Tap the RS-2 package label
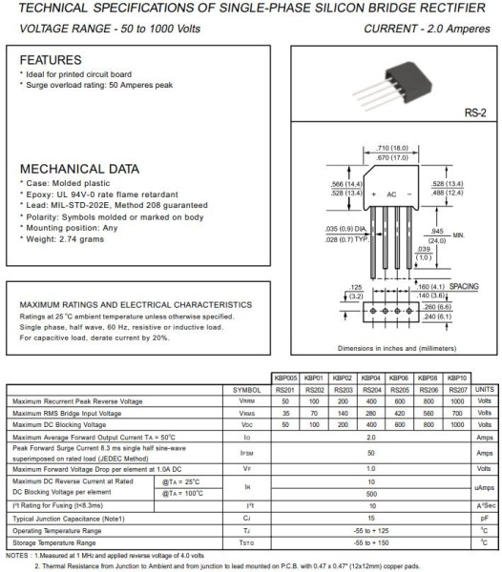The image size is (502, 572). click(476, 112)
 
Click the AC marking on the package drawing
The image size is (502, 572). click(389, 193)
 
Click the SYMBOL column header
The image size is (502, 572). click(246, 390)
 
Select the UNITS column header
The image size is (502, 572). click(485, 390)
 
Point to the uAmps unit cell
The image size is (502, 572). click(485, 488)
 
